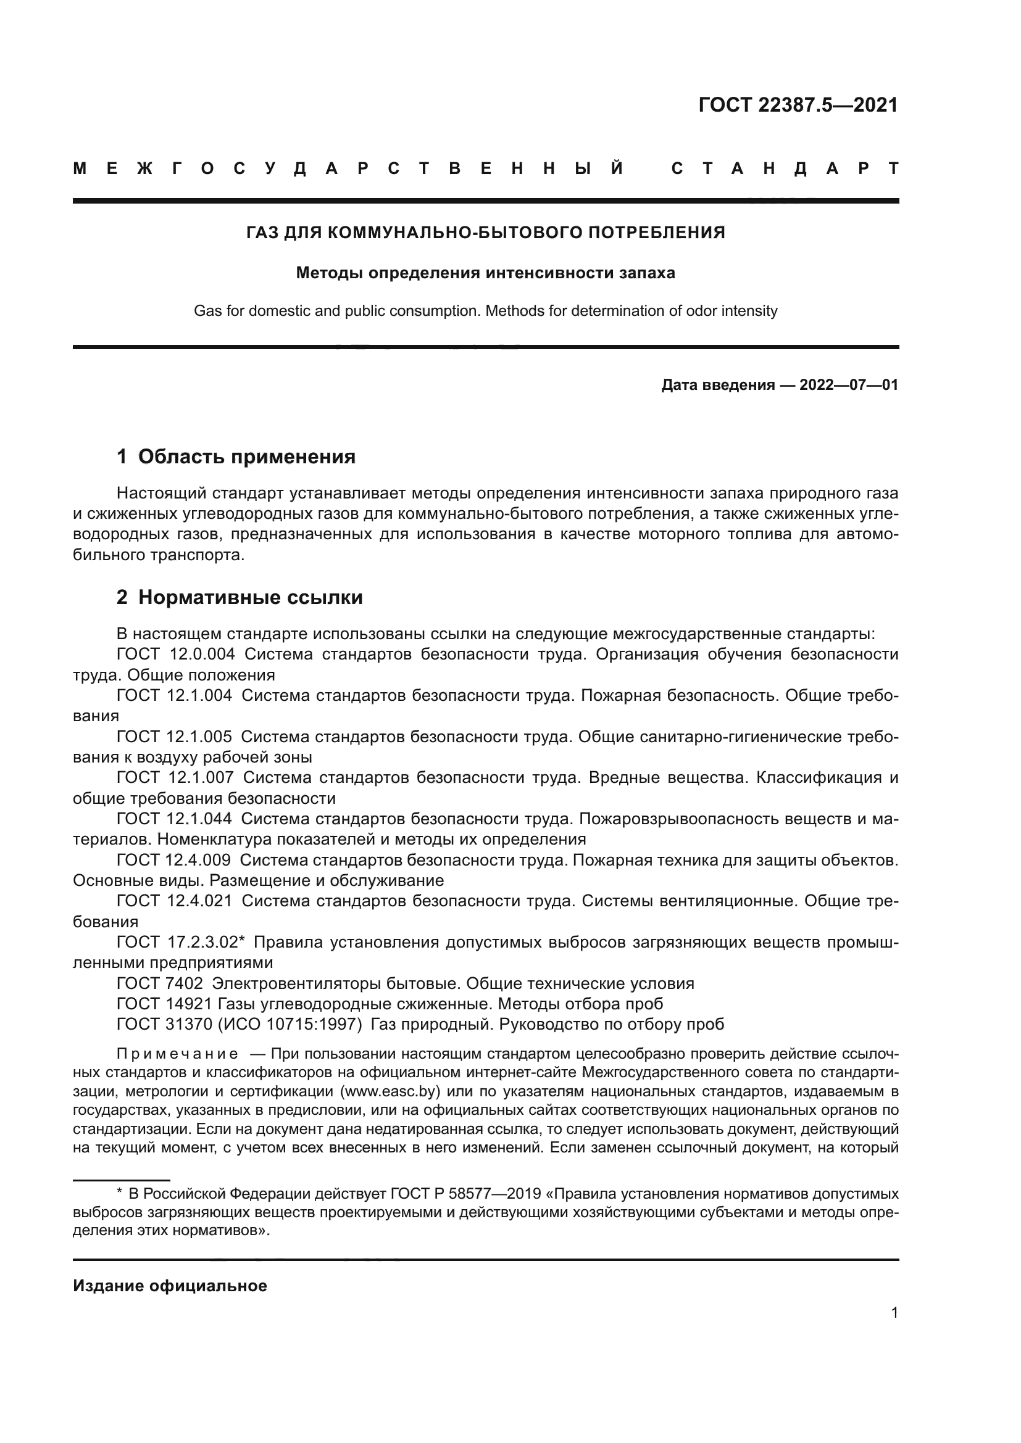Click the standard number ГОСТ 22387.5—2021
pos(798,105)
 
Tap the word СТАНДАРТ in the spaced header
pos(785,169)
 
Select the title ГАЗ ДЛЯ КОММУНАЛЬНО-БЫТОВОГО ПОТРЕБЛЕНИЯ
pos(485,233)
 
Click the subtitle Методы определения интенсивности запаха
pos(485,273)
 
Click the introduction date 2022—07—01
pos(849,385)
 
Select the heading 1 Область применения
pos(236,457)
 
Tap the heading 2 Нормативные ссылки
pos(240,598)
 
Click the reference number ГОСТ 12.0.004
pos(175,654)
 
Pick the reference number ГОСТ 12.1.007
pos(175,778)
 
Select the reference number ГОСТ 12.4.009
pos(173,861)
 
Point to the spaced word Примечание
pos(177,1054)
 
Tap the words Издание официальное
pos(170,1286)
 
